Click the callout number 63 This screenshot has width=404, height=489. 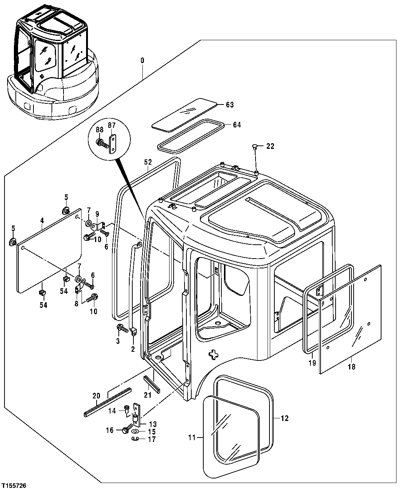(229, 105)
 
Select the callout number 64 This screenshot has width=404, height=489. (237, 125)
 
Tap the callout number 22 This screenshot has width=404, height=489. (270, 146)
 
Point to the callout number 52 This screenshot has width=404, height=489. (148, 162)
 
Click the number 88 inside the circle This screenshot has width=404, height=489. (99, 129)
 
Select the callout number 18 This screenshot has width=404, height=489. (351, 366)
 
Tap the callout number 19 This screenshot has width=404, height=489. (312, 363)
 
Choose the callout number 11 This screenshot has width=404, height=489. (192, 437)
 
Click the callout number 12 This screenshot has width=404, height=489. (284, 418)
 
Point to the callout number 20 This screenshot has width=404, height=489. (96, 395)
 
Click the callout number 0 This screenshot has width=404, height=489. (142, 61)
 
